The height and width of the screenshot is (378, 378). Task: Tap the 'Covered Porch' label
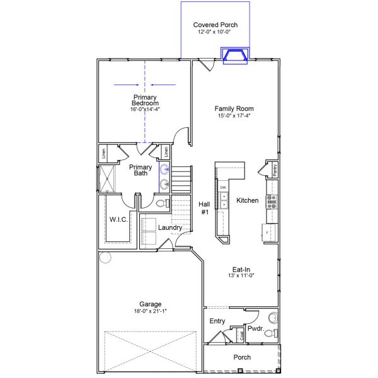[x=215, y=25]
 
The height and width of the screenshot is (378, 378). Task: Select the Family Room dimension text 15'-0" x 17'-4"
[x=234, y=115]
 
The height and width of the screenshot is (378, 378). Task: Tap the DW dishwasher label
[x=223, y=188]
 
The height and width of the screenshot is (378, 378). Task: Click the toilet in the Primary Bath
[x=161, y=203]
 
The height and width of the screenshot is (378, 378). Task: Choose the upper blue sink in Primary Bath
[x=164, y=169]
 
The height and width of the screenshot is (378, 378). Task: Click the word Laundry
[x=170, y=227]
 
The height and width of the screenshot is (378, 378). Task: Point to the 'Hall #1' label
[x=204, y=208]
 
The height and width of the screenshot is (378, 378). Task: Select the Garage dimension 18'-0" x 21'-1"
[x=151, y=311]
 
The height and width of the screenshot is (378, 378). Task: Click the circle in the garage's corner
[x=105, y=257]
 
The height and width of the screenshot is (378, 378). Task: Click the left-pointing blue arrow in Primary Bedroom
[x=163, y=84]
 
